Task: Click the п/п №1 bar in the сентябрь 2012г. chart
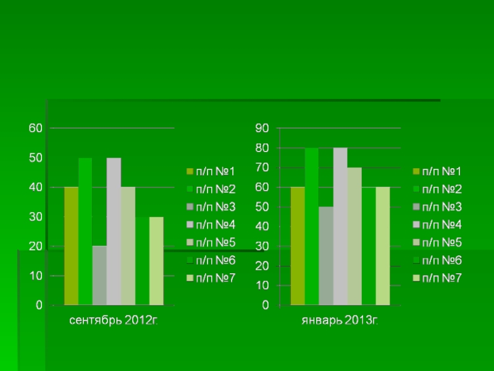pos(71,245)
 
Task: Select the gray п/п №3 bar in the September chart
pos(99,275)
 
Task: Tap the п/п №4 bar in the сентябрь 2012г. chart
pos(114,231)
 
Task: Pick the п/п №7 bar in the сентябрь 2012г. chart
pos(156,261)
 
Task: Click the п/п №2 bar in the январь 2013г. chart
pos(311,226)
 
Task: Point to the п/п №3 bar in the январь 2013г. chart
pos(325,256)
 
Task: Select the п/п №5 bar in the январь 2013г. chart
pos(354,236)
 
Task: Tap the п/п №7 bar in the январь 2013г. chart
pos(383,246)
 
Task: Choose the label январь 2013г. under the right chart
pos(340,320)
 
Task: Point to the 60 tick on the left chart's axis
pos(35,128)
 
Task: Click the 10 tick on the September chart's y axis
pos(35,275)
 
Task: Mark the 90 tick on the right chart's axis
pos(262,128)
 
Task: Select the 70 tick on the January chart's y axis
pos(262,168)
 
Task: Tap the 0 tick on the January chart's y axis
pos(266,305)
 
